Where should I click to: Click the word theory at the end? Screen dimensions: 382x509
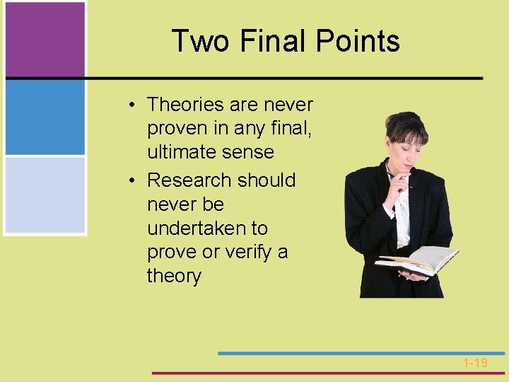click(174, 276)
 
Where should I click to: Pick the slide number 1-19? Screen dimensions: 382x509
click(475, 363)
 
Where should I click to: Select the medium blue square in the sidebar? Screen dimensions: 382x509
click(45, 117)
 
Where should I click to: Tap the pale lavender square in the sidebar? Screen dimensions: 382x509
click(45, 195)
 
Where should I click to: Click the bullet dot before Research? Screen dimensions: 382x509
click(133, 181)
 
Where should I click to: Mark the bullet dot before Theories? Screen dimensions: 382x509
click(133, 105)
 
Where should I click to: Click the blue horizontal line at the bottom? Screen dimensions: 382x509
click(361, 352)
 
